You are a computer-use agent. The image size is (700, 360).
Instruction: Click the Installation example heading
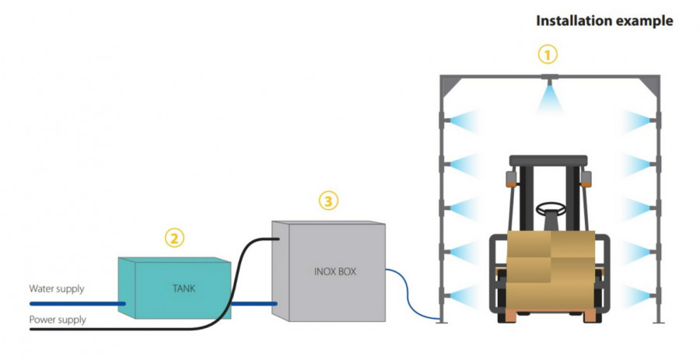pyautogui.click(x=604, y=21)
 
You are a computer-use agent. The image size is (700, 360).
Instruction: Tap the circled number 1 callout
pyautogui.click(x=549, y=54)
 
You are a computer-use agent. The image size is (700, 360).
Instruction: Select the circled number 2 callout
pyautogui.click(x=176, y=238)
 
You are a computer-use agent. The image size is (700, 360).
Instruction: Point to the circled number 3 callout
pyautogui.click(x=329, y=201)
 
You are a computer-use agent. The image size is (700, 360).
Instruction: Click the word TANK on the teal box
pyautogui.click(x=184, y=288)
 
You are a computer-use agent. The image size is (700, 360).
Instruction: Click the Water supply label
pyautogui.click(x=57, y=289)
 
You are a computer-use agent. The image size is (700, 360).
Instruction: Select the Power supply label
pyautogui.click(x=58, y=320)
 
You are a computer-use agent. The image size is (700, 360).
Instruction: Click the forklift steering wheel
pyautogui.click(x=550, y=209)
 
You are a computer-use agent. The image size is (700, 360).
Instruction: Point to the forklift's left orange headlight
pyautogui.click(x=512, y=178)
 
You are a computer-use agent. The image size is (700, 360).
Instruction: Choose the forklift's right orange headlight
pyautogui.click(x=586, y=178)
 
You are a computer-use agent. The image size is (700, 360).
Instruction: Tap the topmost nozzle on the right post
pyautogui.click(x=657, y=120)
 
